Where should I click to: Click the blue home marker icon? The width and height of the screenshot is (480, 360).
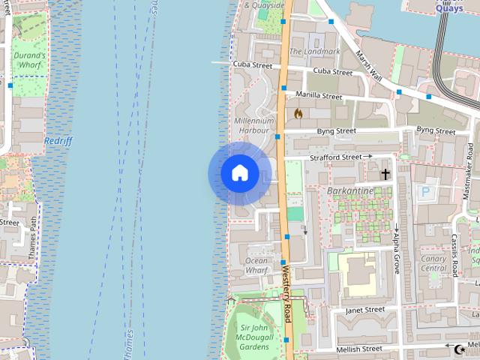click(x=239, y=173)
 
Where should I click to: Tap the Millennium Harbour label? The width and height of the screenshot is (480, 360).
click(x=254, y=125)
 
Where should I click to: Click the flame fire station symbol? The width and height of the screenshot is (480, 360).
click(x=298, y=114)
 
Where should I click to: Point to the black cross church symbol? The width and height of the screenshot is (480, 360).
click(x=385, y=174)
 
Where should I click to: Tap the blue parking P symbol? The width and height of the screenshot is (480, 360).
click(x=426, y=191)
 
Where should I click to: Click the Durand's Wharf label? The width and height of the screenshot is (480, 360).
click(x=28, y=60)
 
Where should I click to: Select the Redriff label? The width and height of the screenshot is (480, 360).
click(x=58, y=140)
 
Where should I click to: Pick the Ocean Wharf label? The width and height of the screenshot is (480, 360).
click(x=256, y=265)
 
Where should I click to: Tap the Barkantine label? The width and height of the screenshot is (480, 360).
click(x=350, y=190)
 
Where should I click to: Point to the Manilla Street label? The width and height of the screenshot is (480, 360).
click(x=319, y=96)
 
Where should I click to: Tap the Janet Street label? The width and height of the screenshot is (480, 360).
click(x=365, y=309)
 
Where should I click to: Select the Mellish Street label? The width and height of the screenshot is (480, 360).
click(x=361, y=349)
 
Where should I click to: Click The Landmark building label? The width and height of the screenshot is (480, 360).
click(x=314, y=52)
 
